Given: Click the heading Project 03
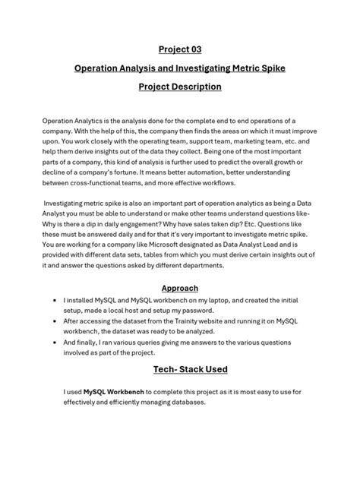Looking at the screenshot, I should pos(180,50).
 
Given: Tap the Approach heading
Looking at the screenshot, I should pos(180,289).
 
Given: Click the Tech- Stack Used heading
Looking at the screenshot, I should pos(180,369).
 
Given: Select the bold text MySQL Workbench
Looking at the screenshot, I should pos(115,392).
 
